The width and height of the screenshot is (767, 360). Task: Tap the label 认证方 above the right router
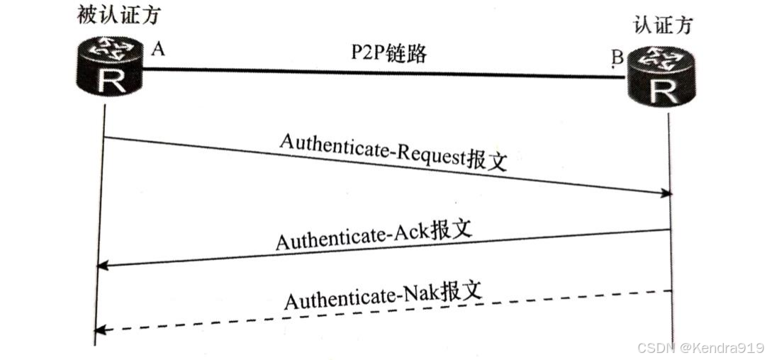(x=663, y=26)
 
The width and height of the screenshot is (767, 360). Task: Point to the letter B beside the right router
(x=617, y=59)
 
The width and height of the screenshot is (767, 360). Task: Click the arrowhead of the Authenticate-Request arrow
(x=666, y=193)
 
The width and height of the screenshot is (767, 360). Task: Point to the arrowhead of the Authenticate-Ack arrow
(x=101, y=265)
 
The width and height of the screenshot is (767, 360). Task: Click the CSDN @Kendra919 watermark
(x=699, y=348)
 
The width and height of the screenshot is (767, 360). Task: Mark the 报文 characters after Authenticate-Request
(x=488, y=160)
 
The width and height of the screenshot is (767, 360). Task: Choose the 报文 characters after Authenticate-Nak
(x=461, y=289)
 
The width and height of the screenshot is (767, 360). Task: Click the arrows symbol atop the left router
(x=111, y=47)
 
